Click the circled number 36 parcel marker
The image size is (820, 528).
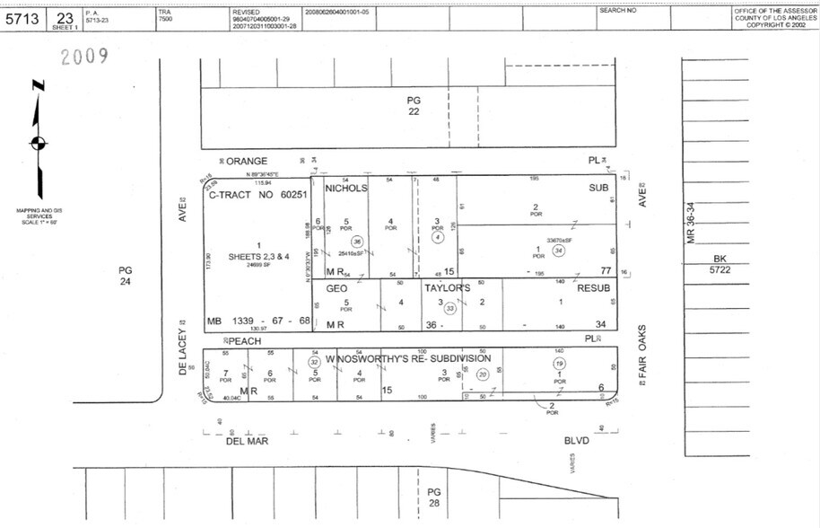pos(357,242)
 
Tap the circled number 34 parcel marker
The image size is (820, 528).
pos(558,251)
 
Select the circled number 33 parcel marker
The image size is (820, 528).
pos(450,308)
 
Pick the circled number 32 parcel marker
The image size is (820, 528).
pos(314,362)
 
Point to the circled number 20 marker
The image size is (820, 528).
pos(482,374)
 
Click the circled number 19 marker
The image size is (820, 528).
pos(559,364)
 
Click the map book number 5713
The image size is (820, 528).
pos(21,19)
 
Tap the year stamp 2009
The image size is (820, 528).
pos(84,57)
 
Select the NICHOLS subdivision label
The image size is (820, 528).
pos(346,189)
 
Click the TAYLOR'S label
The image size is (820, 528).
pos(448,288)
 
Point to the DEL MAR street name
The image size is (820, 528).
pos(248,442)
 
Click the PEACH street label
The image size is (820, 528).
pos(243,341)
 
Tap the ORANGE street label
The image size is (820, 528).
pos(247,161)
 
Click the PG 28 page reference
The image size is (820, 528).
pos(434,497)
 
